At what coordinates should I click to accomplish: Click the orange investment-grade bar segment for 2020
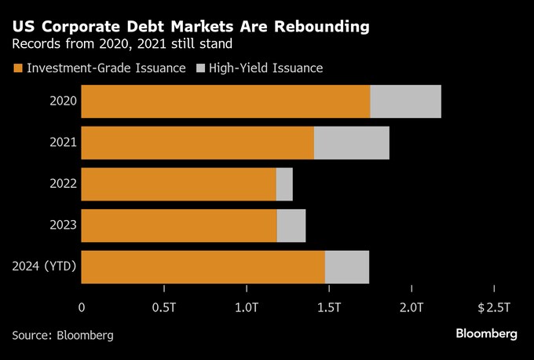pyautogui.click(x=225, y=101)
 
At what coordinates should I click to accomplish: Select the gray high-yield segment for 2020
pyautogui.click(x=405, y=101)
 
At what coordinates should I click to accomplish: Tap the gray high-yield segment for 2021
pyautogui.click(x=351, y=142)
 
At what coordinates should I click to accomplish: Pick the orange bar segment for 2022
pyautogui.click(x=178, y=184)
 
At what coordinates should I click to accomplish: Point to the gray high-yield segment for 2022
pyautogui.click(x=284, y=184)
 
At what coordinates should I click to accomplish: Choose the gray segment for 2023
pyautogui.click(x=291, y=226)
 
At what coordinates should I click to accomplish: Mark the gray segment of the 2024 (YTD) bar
pyautogui.click(x=346, y=266)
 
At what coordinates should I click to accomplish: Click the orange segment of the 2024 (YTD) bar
pyautogui.click(x=203, y=266)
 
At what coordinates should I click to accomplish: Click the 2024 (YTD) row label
pyautogui.click(x=44, y=266)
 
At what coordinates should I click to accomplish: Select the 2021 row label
pyautogui.click(x=63, y=142)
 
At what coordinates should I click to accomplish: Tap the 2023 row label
pyautogui.click(x=63, y=226)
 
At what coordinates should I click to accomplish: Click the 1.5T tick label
pyautogui.click(x=328, y=306)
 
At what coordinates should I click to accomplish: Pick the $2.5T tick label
pyautogui.click(x=494, y=306)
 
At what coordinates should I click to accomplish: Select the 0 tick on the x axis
pyautogui.click(x=82, y=306)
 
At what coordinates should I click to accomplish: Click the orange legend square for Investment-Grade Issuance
pyautogui.click(x=17, y=68)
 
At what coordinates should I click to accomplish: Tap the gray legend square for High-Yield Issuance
pyautogui.click(x=199, y=68)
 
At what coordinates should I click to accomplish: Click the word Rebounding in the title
pyautogui.click(x=313, y=28)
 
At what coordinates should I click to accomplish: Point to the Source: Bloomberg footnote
pyautogui.click(x=63, y=335)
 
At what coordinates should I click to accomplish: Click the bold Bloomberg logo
pyautogui.click(x=487, y=334)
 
